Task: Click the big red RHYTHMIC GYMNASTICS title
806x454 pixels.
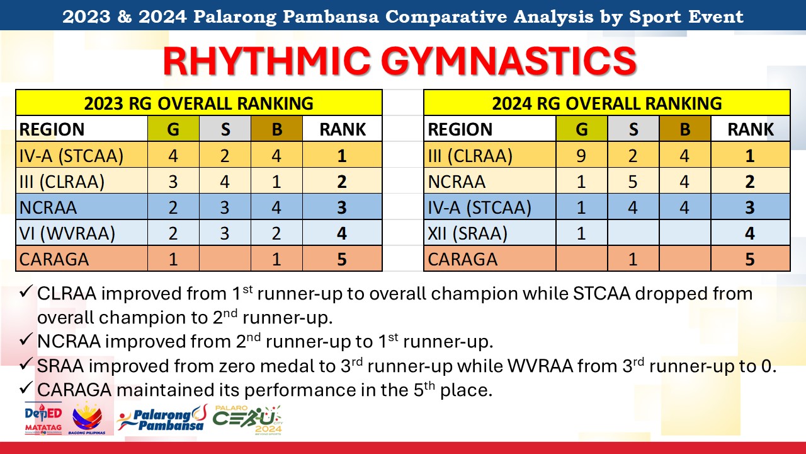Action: (400, 61)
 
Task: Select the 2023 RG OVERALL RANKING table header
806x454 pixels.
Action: (198, 103)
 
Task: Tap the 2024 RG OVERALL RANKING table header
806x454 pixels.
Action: (606, 103)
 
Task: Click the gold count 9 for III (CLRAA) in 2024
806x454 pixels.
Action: (581, 156)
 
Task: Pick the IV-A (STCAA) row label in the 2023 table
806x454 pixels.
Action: (71, 156)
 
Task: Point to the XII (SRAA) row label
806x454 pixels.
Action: (467, 233)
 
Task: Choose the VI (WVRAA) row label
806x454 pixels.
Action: (67, 233)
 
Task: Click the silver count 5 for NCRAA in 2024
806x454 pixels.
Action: (633, 182)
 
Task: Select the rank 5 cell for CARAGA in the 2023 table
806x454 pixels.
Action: (342, 259)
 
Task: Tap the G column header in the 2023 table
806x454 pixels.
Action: (173, 129)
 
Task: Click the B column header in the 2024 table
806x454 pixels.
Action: (684, 129)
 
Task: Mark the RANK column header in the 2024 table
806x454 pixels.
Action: (751, 129)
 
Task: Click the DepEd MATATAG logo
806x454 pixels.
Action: (43, 419)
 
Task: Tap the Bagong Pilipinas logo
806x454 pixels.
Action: (87, 418)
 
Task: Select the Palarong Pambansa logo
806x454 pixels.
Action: (162, 418)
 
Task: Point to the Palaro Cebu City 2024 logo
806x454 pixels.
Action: (247, 420)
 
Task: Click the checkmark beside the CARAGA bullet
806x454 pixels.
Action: (26, 388)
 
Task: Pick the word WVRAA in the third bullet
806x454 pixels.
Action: (540, 366)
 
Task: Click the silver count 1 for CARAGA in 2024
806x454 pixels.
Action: (633, 259)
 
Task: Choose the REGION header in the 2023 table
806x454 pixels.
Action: (52, 129)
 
